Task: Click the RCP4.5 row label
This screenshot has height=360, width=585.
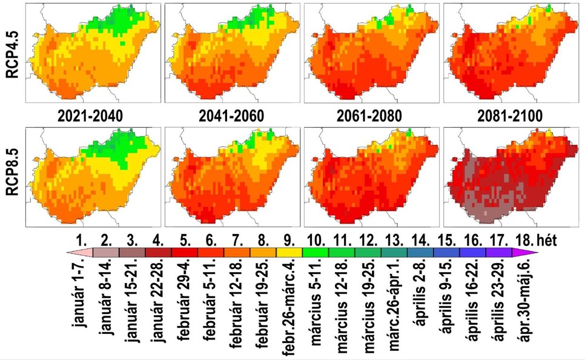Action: pos(11,53)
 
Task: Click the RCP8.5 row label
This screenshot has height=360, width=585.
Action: pos(11,176)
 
